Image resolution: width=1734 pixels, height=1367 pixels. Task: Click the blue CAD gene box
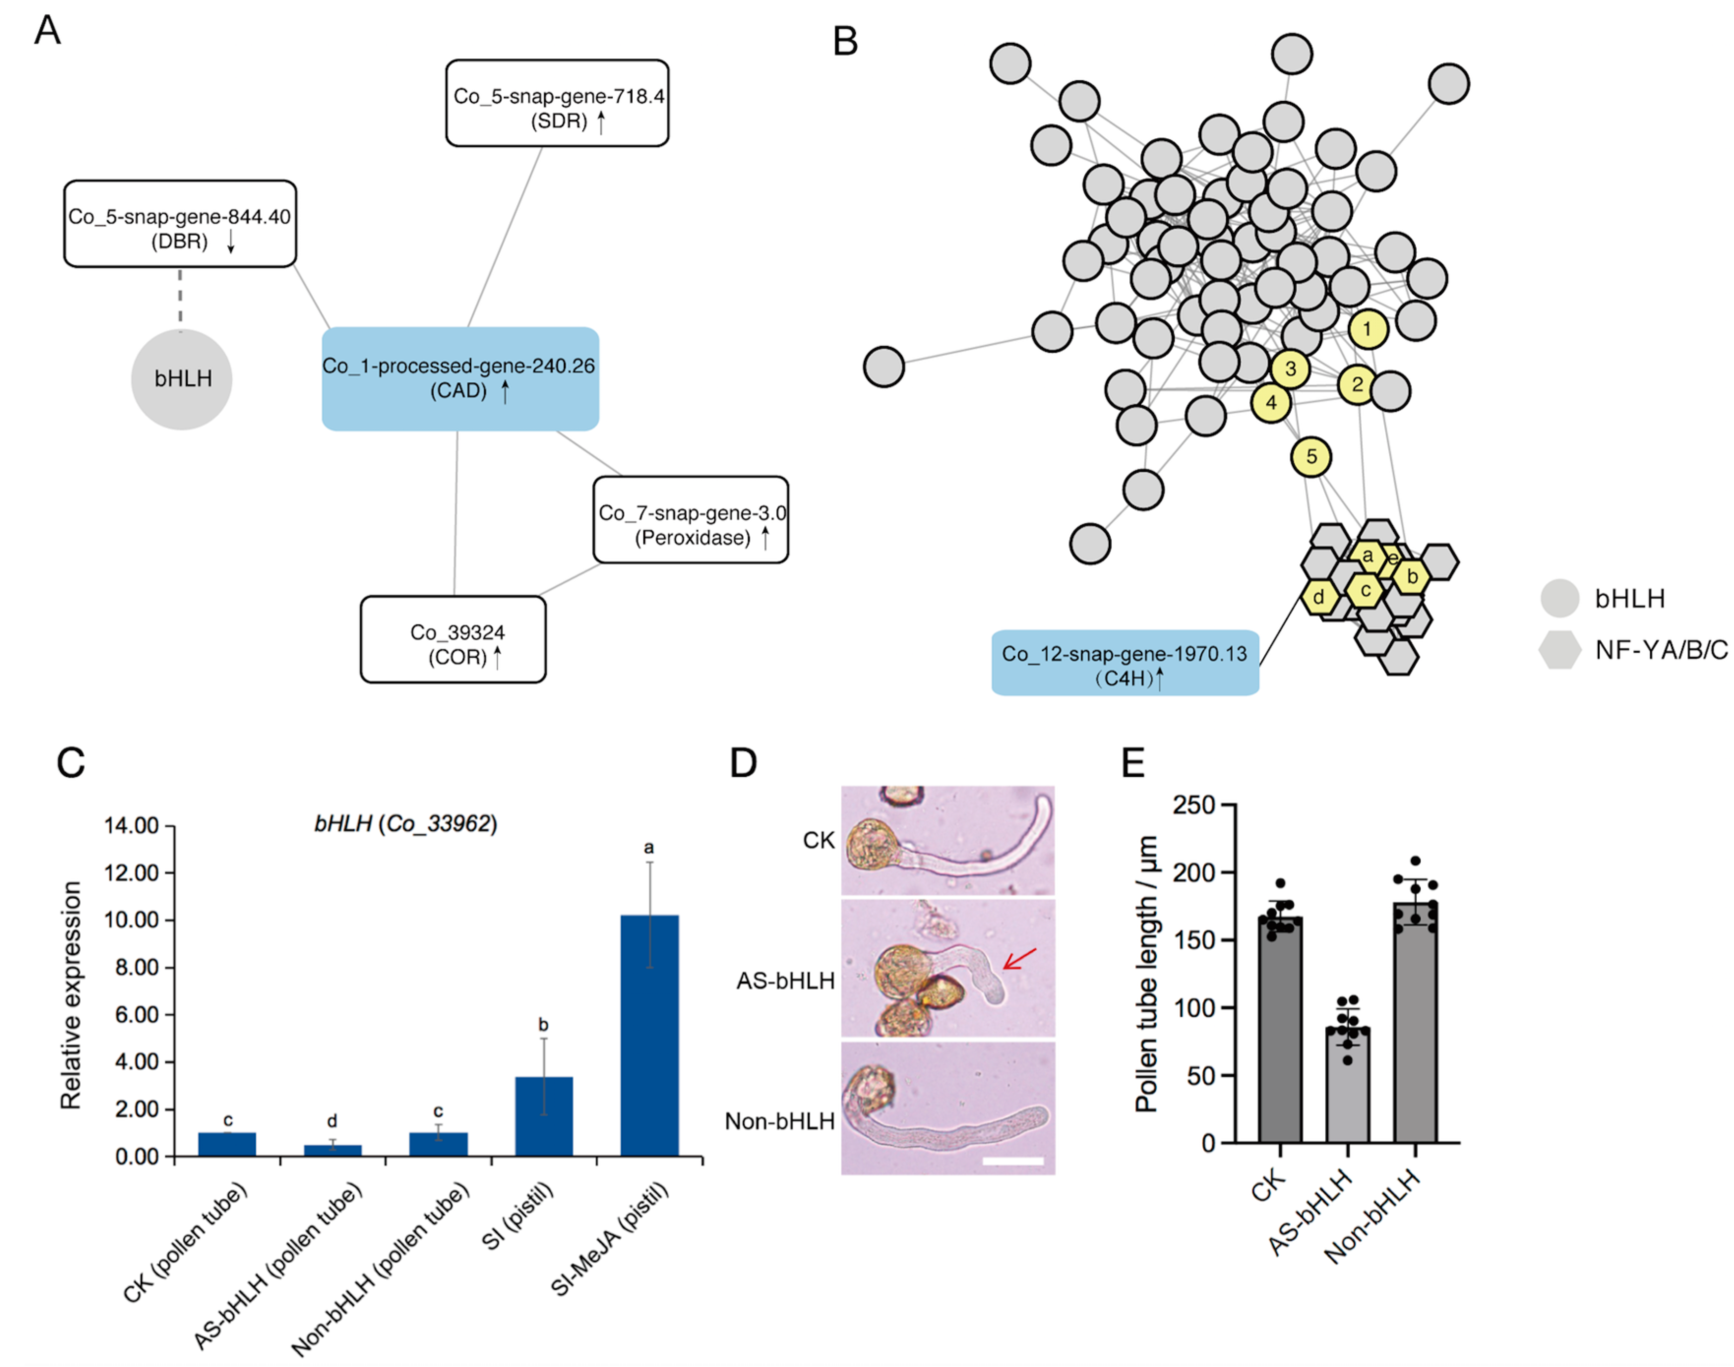(460, 379)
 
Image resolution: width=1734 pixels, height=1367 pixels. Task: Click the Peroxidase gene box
(691, 520)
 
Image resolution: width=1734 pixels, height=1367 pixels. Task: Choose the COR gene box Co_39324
(453, 639)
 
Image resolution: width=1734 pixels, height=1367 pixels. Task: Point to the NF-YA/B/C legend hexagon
(1559, 649)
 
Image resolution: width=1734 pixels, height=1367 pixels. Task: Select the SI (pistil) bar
(544, 1117)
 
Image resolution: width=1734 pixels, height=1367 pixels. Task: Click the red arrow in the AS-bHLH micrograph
(1019, 959)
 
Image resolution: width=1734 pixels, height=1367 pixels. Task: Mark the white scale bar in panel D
(1012, 1160)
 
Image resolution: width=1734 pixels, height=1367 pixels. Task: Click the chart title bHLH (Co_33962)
(406, 823)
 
